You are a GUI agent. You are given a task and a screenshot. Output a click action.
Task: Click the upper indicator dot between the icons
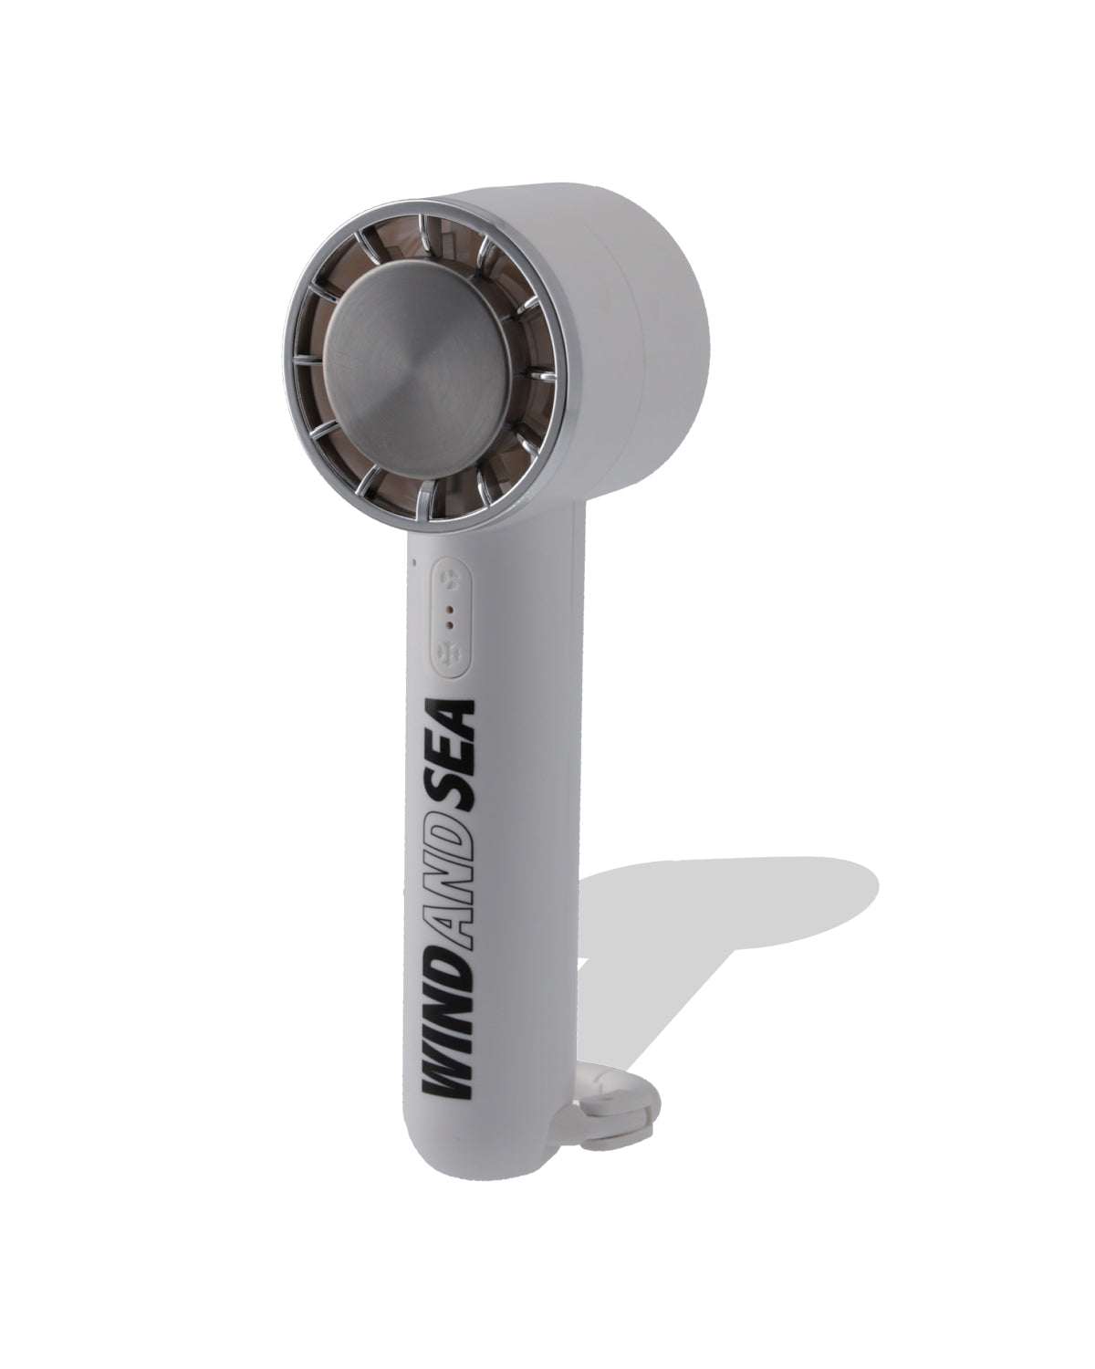[x=450, y=609]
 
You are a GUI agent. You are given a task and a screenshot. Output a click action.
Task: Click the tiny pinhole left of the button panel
[x=414, y=562]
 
